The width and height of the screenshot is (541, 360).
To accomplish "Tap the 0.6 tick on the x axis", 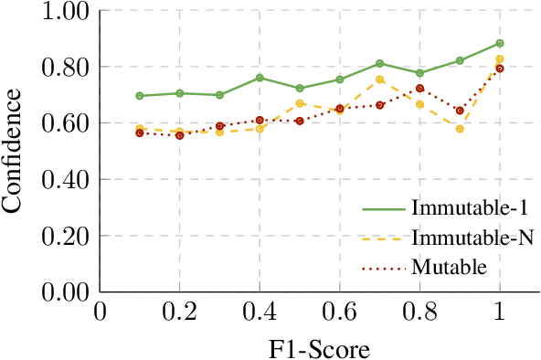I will point(340,312).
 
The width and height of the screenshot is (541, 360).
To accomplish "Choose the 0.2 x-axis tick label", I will point(179,312).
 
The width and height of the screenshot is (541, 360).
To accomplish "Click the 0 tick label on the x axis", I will point(100,312).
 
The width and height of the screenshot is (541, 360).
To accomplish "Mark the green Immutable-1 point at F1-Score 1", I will point(500,43).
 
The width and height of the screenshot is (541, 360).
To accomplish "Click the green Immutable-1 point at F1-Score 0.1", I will point(140,96).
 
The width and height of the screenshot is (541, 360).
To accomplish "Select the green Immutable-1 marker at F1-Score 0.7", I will point(379,64).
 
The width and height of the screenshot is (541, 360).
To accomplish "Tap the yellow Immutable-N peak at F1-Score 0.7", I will point(379,79).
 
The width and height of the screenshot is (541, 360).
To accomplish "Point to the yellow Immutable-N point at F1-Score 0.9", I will point(460,129).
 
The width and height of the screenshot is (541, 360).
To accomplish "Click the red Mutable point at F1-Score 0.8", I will point(419,89).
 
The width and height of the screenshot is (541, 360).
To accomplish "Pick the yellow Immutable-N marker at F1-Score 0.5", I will point(300,103).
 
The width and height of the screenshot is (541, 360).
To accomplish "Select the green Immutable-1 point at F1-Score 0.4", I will point(260,78).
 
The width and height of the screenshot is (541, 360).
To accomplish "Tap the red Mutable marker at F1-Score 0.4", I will point(260,120).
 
